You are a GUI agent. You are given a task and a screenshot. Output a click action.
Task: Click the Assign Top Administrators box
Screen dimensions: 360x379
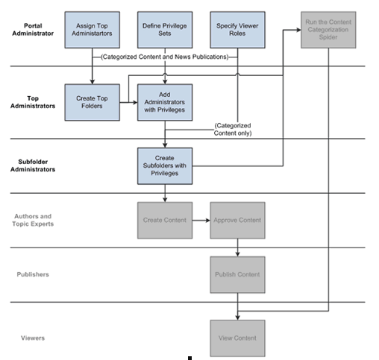(93, 30)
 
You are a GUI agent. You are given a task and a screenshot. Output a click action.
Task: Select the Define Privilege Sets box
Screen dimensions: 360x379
(164, 30)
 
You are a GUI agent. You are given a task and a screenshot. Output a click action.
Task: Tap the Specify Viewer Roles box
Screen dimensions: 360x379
(237, 30)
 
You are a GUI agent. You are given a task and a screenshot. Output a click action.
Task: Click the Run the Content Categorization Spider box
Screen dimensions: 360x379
(328, 30)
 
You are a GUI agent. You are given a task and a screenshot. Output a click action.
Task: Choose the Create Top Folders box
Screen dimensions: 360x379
(93, 102)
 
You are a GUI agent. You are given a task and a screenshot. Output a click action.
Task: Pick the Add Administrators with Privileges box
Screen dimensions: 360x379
(164, 102)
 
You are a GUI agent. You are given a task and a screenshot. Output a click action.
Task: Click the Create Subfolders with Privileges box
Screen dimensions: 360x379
(164, 165)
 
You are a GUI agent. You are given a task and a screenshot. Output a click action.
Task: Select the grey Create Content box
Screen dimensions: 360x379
(164, 221)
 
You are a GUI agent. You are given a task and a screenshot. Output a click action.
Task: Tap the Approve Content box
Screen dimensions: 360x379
(237, 221)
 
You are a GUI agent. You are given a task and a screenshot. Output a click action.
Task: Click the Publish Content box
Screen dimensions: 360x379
(237, 274)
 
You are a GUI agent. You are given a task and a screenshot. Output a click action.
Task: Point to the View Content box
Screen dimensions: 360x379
(237, 338)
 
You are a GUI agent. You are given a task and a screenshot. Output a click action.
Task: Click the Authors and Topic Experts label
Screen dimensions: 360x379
(34, 220)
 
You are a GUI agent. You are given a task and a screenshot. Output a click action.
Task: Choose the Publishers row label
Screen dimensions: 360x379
(33, 274)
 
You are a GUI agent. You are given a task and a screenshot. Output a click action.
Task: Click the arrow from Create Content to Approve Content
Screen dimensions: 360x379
(201, 221)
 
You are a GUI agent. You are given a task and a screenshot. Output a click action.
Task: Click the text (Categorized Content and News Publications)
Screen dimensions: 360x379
(164, 57)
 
